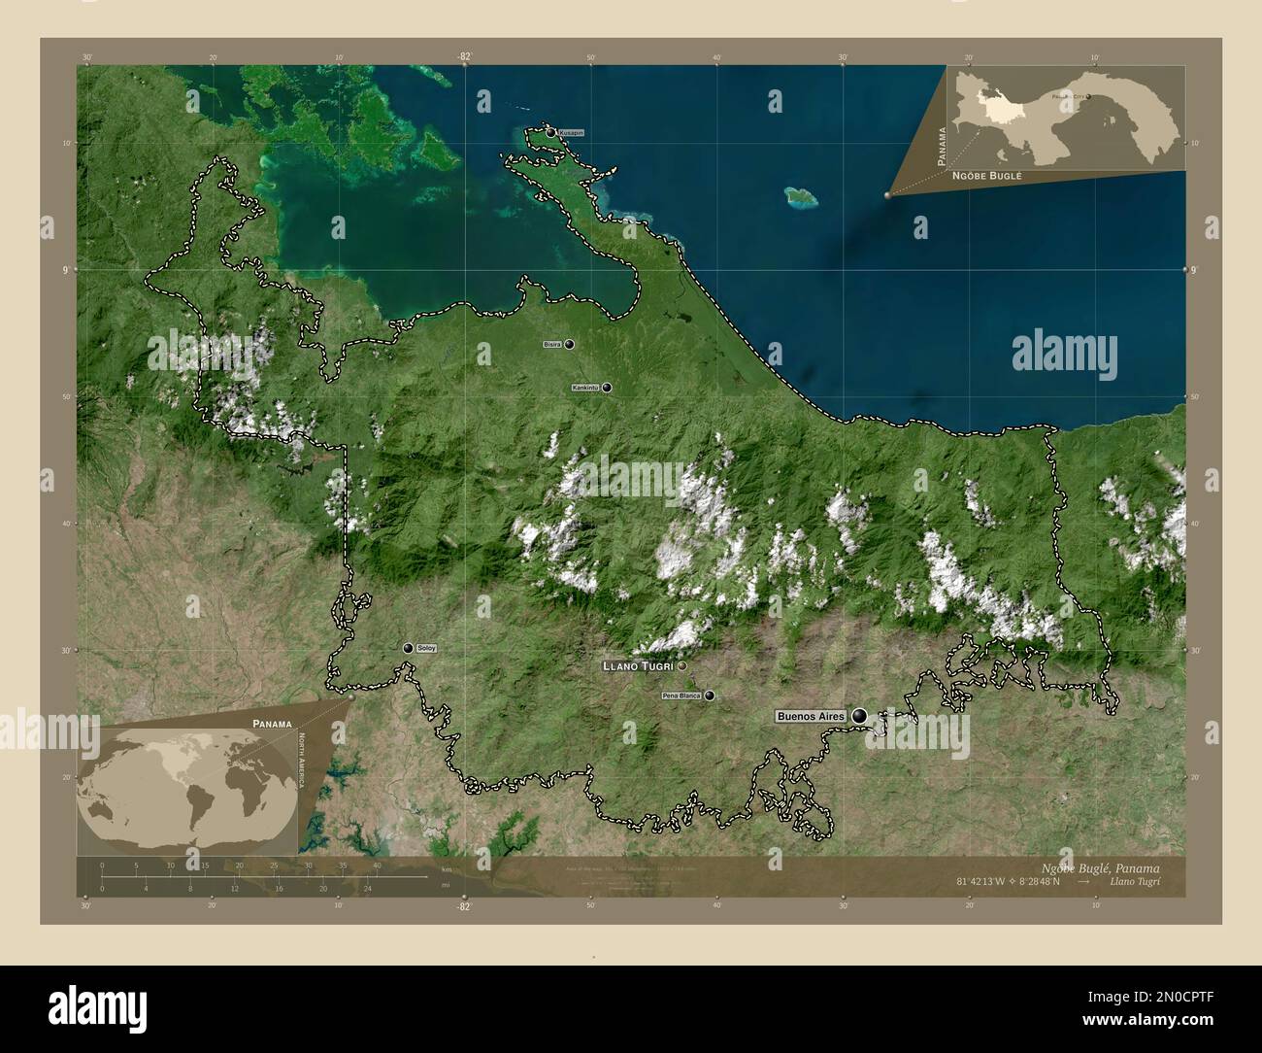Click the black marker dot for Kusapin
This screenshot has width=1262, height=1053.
[x=550, y=132]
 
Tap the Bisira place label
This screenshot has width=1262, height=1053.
[x=552, y=345]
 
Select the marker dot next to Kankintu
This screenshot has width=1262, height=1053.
[x=607, y=388]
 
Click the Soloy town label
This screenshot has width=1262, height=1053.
[x=426, y=648]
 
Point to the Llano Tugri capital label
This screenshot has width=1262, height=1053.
[x=639, y=666]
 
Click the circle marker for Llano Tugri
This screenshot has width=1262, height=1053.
[x=682, y=666]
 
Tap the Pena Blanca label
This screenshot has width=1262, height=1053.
[x=681, y=696]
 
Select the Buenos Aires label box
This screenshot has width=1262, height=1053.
[x=811, y=716]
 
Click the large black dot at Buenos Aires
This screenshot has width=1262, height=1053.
[x=859, y=716]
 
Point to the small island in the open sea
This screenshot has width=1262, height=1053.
[x=801, y=197]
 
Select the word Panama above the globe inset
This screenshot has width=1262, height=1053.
[x=271, y=724]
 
